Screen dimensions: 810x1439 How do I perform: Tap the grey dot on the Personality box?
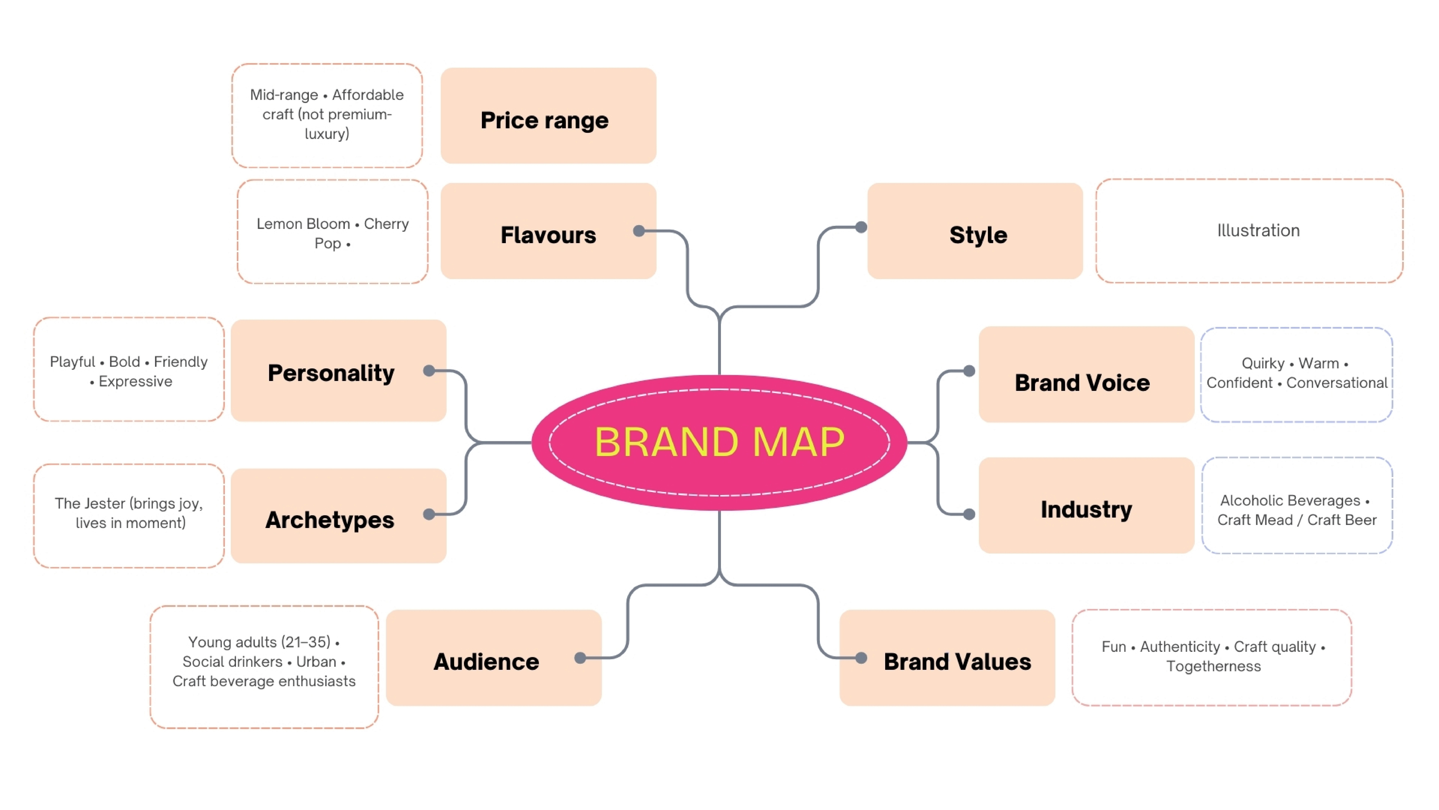click(429, 371)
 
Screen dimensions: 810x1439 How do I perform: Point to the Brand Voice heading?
click(1082, 383)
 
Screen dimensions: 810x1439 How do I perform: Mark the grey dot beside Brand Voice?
click(969, 371)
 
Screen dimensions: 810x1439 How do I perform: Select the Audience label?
click(486, 662)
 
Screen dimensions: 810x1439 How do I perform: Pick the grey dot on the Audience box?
click(580, 658)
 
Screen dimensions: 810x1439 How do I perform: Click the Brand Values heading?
click(957, 662)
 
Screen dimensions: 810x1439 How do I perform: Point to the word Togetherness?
click(1213, 666)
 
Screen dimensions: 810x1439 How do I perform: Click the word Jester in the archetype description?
click(105, 504)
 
